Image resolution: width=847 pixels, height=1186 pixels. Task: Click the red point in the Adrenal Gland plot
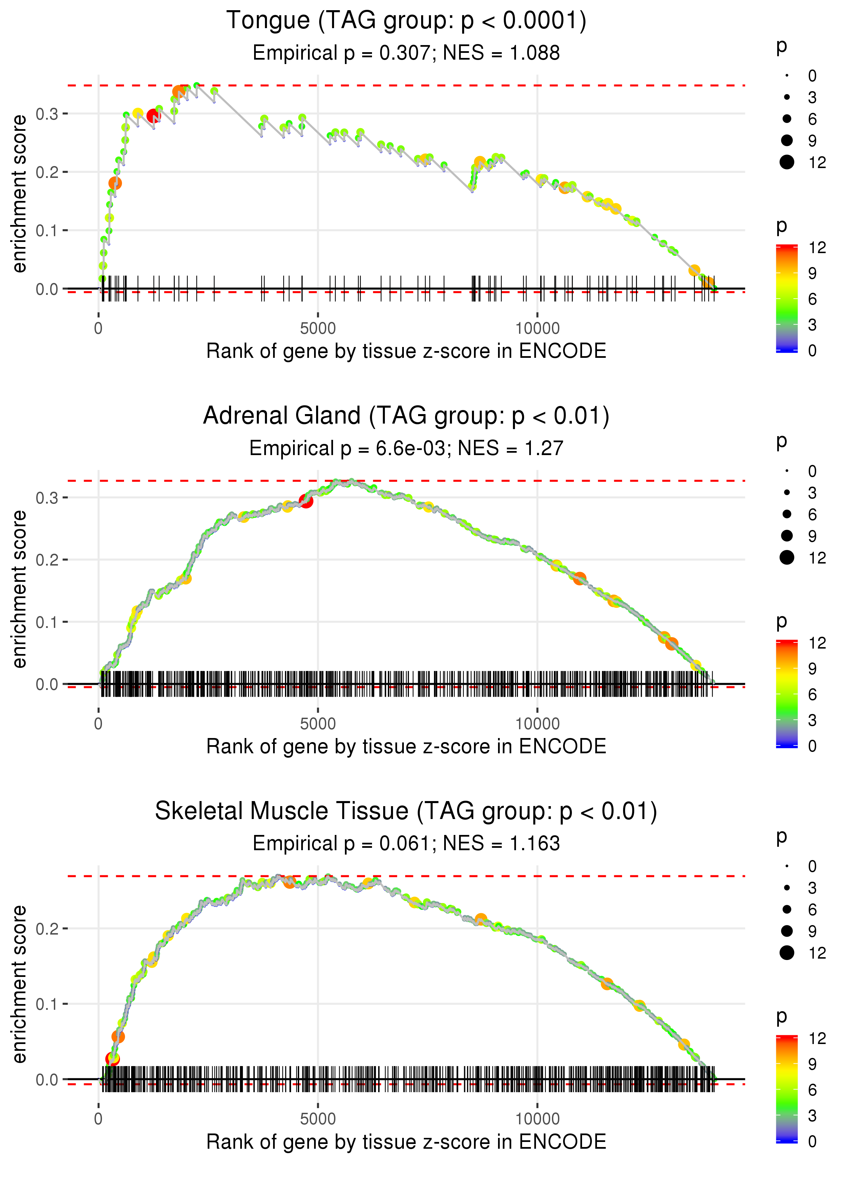pos(306,501)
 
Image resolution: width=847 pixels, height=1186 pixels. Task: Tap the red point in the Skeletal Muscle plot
pos(112,1059)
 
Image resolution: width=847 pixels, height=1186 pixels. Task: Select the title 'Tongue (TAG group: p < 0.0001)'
pos(406,21)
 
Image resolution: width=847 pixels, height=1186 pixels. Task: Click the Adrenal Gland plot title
pos(406,416)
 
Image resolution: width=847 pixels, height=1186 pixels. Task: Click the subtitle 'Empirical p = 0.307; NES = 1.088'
pos(406,53)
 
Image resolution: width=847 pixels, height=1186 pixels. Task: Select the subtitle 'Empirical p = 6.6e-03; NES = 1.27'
pos(406,449)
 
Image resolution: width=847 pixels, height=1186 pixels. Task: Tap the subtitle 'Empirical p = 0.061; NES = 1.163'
pos(406,844)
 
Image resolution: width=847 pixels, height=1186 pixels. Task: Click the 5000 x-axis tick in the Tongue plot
pos(318,329)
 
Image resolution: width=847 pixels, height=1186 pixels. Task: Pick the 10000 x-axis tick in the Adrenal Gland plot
pos(537,724)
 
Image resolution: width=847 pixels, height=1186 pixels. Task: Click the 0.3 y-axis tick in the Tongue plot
pos(47,114)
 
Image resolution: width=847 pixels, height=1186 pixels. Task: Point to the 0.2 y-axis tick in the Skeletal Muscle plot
pos(47,929)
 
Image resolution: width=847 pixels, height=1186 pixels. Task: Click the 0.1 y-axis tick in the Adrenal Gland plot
pos(47,622)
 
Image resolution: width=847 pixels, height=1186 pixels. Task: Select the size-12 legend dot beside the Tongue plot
pos(786,162)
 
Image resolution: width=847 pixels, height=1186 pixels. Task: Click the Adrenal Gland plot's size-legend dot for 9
pos(786,536)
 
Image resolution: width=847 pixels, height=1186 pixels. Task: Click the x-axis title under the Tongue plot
pos(406,351)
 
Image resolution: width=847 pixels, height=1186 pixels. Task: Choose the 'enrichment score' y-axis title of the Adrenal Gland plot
pos(19,589)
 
